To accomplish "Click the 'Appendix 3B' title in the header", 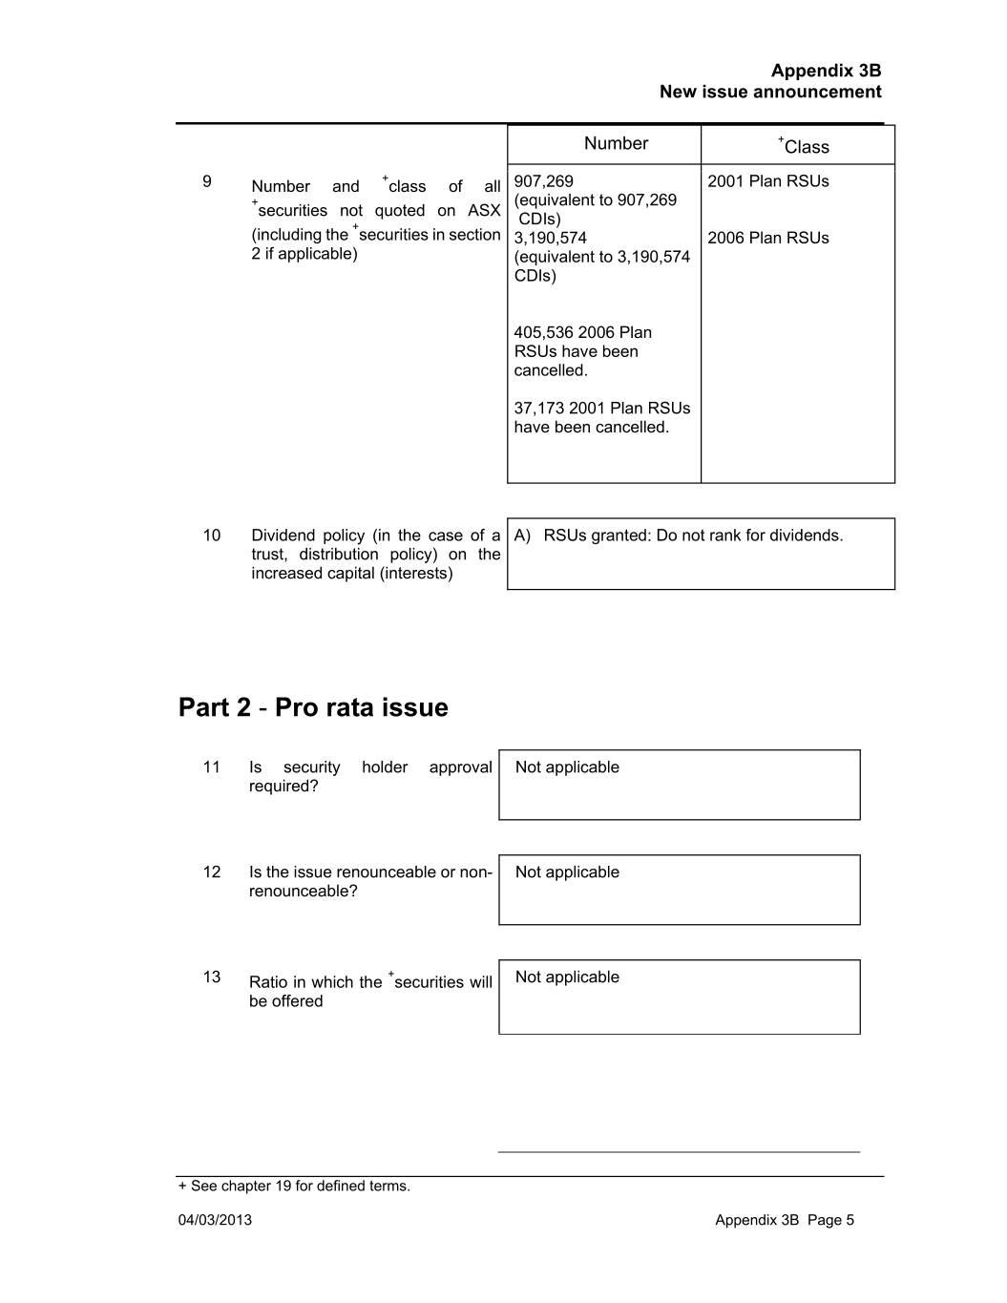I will click(x=826, y=71).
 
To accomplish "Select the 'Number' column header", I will click(x=616, y=144).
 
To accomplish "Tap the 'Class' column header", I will click(x=804, y=147).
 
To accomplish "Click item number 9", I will click(x=207, y=181).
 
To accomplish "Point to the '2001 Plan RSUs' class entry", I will click(x=767, y=181).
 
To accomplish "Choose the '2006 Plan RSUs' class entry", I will click(x=767, y=239).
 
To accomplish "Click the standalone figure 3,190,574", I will click(x=550, y=239).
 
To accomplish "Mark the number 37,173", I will click(x=538, y=409).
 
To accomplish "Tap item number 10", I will click(x=211, y=536).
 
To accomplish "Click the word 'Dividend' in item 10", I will click(x=283, y=536).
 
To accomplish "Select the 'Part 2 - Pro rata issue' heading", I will click(x=313, y=707).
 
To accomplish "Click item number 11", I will click(x=211, y=767).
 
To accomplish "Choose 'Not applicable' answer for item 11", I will click(x=567, y=767).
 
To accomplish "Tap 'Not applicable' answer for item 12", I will click(x=567, y=872).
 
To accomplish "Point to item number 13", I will click(x=211, y=977).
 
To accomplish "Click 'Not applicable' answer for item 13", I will click(x=567, y=977).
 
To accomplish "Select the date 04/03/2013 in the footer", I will click(x=215, y=1220).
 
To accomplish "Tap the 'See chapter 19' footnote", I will click(x=294, y=1187).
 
